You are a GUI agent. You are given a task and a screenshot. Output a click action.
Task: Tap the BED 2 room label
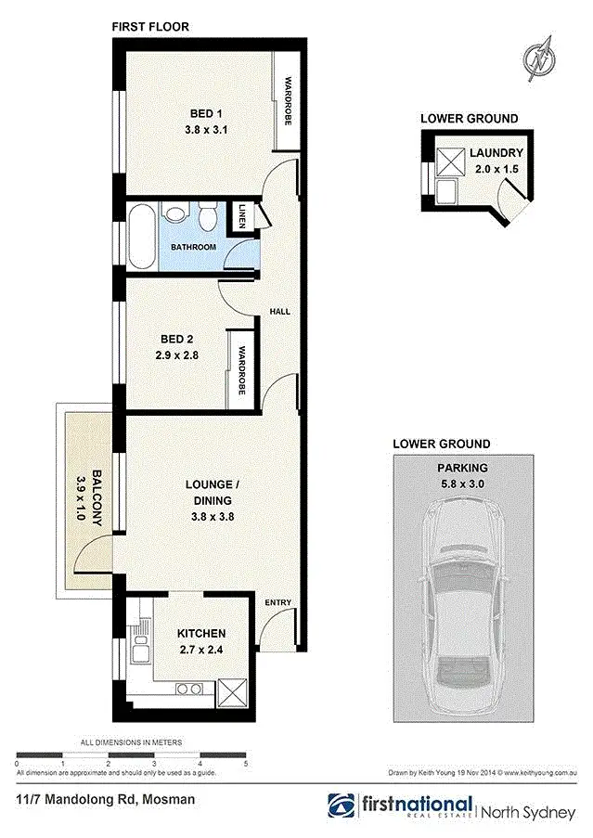[x=174, y=340]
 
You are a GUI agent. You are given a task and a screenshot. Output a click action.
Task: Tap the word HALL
[x=279, y=312]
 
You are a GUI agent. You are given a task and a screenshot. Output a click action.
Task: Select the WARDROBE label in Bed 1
[x=289, y=102]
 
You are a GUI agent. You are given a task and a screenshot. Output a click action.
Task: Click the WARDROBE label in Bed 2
[x=240, y=370]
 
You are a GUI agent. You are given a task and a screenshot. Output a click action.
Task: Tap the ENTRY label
[x=278, y=603]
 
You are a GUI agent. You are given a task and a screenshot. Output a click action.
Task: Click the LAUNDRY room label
[x=496, y=153]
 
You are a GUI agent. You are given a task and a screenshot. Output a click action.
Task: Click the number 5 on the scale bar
[x=246, y=763]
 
